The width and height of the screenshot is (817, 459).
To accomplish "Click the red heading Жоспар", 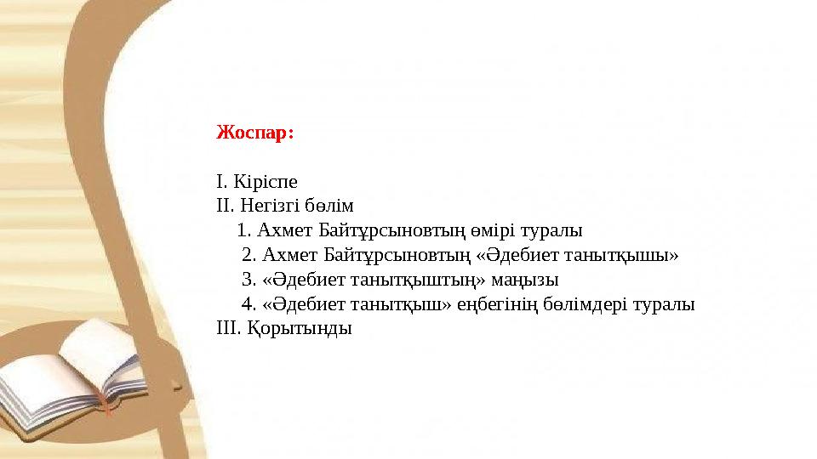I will point(254,133).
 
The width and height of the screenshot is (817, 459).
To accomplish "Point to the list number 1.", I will point(243,230).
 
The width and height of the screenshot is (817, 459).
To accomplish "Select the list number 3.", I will point(248,280).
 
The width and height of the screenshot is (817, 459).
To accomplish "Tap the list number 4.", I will point(248,304).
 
